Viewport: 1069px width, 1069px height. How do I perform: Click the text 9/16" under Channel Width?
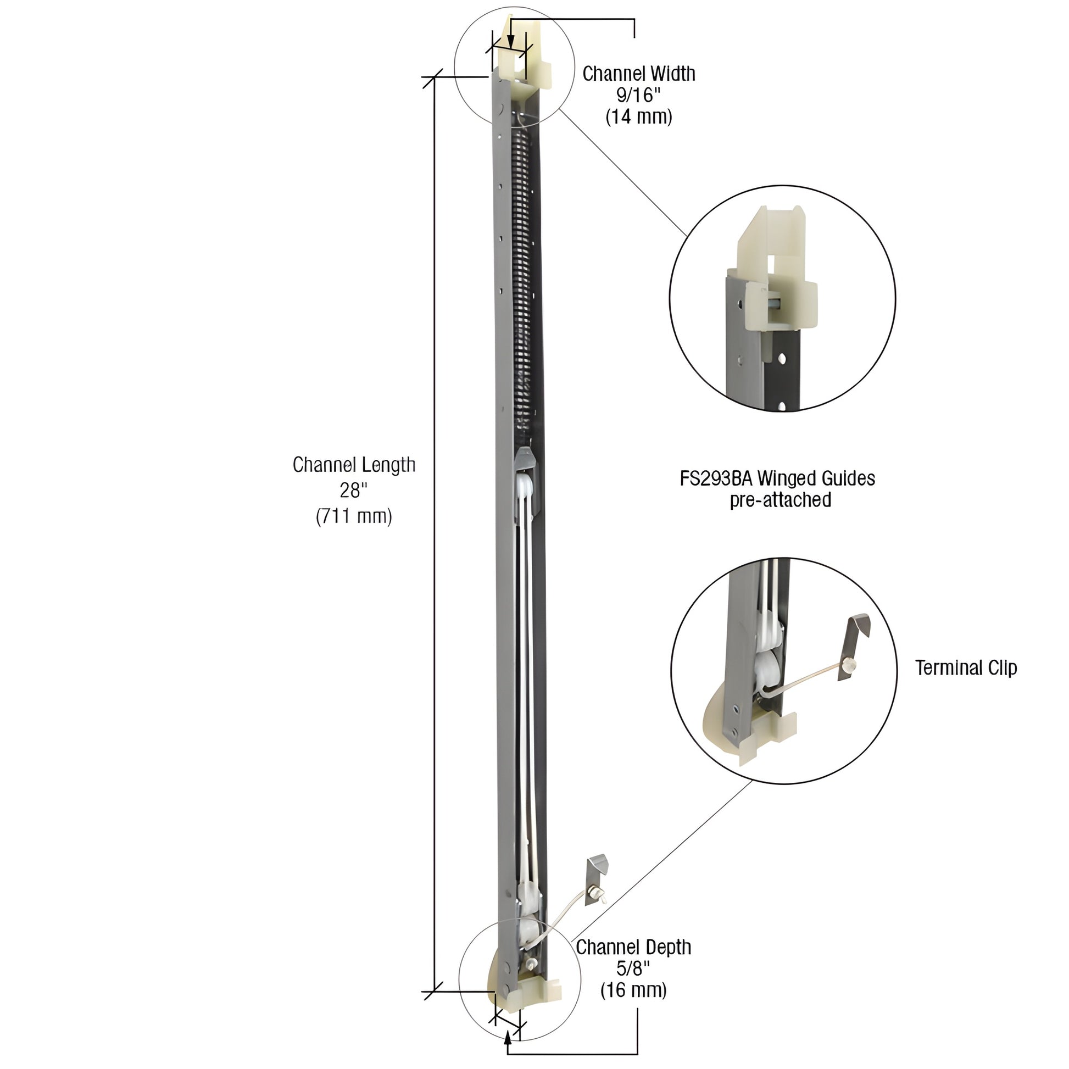pyautogui.click(x=638, y=95)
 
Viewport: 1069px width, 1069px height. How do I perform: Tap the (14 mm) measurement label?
pyautogui.click(x=638, y=117)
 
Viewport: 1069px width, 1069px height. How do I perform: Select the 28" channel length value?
pyautogui.click(x=354, y=490)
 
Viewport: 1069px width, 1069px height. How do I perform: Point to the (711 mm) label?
pyautogui.click(x=354, y=516)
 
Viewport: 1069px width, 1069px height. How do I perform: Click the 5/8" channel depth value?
pyautogui.click(x=633, y=968)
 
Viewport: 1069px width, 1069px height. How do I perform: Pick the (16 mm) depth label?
pyautogui.click(x=633, y=990)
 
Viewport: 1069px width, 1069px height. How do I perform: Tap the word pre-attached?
pyautogui.click(x=780, y=500)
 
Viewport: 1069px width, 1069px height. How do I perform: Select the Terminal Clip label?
pyautogui.click(x=966, y=668)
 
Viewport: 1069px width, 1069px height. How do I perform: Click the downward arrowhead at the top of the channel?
pyautogui.click(x=511, y=44)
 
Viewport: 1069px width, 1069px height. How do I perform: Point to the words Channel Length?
pyautogui.click(x=354, y=465)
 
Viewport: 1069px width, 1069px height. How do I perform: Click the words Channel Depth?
pyautogui.click(x=633, y=946)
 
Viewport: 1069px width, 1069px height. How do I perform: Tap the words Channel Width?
pyautogui.click(x=638, y=74)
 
